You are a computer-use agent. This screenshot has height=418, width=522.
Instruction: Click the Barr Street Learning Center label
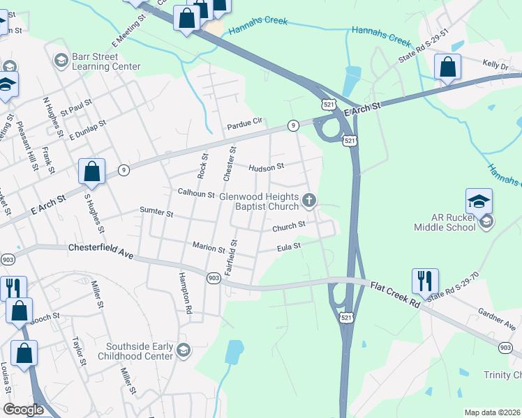click(x=106, y=62)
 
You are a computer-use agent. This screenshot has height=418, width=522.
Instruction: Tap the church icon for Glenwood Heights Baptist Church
click(x=310, y=202)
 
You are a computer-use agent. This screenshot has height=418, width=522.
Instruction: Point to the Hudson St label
click(x=267, y=167)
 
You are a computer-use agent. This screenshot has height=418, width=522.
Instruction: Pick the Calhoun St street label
click(x=196, y=194)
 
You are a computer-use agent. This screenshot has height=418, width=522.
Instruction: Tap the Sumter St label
click(x=156, y=210)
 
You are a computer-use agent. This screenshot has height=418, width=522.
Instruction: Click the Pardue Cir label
click(x=244, y=126)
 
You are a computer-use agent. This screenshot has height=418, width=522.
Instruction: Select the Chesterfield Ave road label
click(x=100, y=248)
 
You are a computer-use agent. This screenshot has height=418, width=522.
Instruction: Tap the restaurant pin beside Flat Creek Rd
click(x=425, y=281)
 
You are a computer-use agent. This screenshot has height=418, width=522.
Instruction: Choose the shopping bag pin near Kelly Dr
click(x=447, y=68)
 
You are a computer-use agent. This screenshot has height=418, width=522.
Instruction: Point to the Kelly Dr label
click(x=496, y=64)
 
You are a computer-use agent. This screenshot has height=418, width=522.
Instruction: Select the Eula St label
click(x=288, y=247)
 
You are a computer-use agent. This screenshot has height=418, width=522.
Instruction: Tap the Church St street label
click(x=289, y=226)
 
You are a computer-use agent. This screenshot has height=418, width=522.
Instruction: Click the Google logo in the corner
click(x=24, y=410)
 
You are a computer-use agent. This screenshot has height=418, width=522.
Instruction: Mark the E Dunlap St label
click(x=87, y=130)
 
